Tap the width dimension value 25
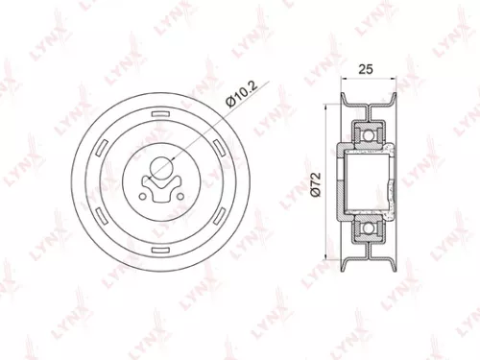[x=365, y=69]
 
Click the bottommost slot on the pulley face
[x=163, y=244]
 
